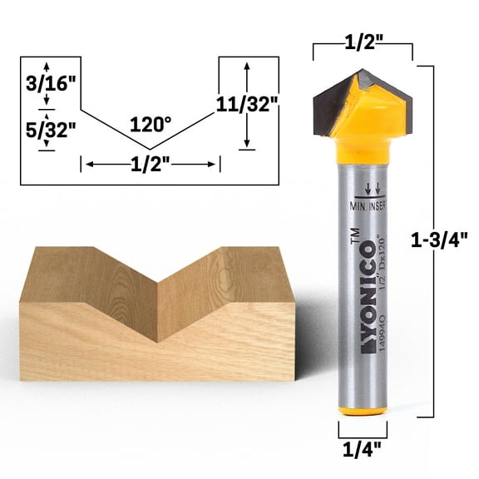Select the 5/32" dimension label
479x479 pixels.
pos(47,130)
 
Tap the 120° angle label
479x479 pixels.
pos(151,124)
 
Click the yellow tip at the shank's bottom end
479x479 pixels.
pos(363,411)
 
